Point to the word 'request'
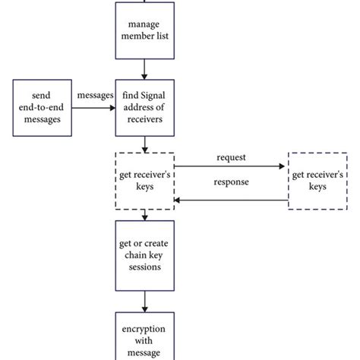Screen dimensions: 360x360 click(x=231, y=157)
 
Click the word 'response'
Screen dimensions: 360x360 click(x=231, y=183)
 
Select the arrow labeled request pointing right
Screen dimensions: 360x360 click(x=231, y=167)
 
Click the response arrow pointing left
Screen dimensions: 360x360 click(x=231, y=201)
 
